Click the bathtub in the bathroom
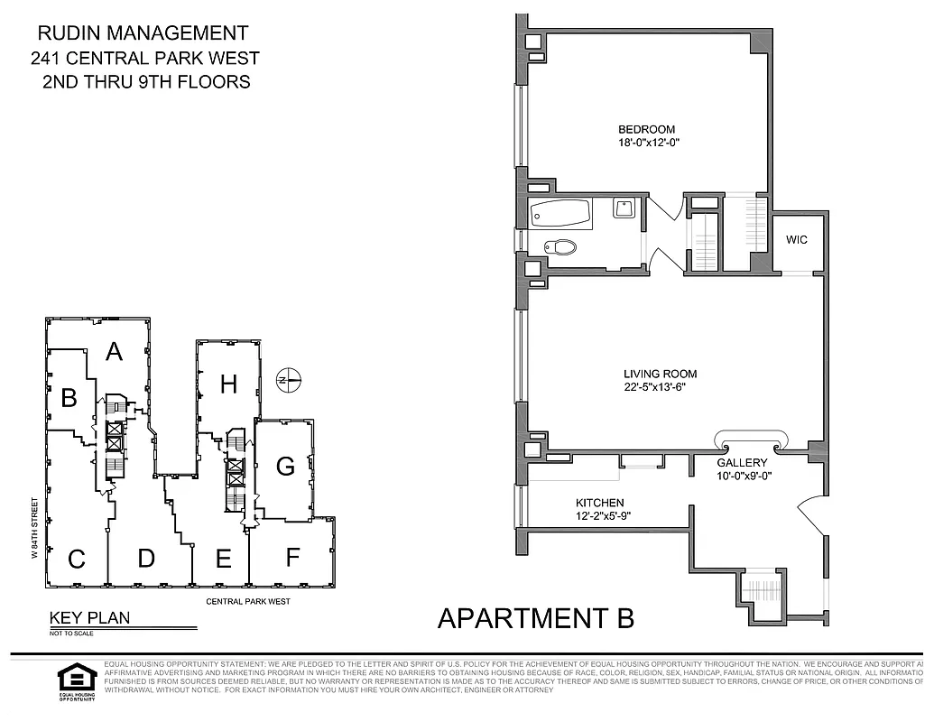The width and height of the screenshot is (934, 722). coord(560,215)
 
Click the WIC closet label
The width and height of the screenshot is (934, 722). coord(796,240)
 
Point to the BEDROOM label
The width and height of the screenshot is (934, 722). coord(646,129)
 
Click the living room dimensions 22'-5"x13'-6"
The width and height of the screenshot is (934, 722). coord(660,388)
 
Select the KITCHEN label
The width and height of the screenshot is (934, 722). coord(600,503)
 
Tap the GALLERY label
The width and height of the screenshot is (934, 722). coord(742,463)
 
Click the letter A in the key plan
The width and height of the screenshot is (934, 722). coord(114,351)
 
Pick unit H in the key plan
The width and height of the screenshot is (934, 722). coord(228,384)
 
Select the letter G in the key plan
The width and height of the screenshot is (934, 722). coord(285,467)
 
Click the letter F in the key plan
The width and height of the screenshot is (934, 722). coord(291,557)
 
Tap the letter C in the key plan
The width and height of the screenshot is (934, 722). coord(77,560)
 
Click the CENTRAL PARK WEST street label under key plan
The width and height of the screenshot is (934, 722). coord(248,601)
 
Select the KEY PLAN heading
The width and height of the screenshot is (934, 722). coord(89,618)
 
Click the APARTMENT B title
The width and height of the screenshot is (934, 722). coord(535,618)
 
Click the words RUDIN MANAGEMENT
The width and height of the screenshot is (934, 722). coord(143,33)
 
